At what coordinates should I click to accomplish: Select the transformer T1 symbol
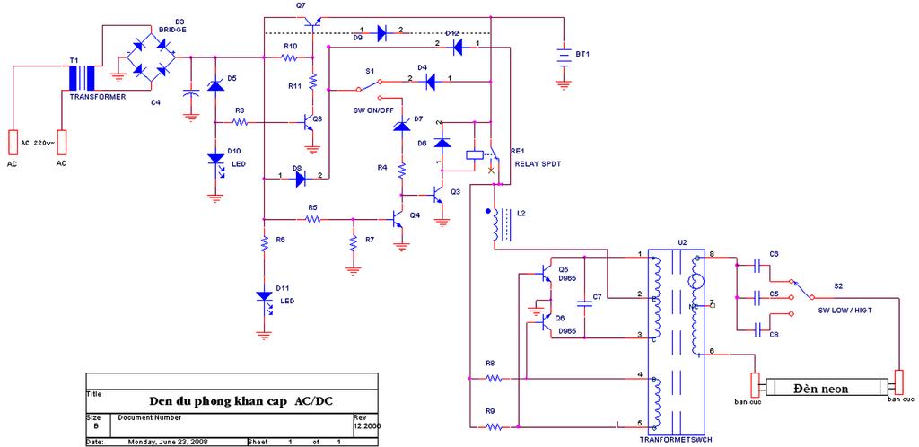pos(83,77)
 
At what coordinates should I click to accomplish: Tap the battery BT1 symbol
pos(563,57)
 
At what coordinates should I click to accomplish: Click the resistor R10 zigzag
pos(289,57)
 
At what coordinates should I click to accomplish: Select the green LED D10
pos(216,160)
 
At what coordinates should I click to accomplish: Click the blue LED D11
pos(264,296)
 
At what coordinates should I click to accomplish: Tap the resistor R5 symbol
pos(312,218)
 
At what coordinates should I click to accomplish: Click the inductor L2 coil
pos(496,225)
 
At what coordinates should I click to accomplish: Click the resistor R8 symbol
pos(491,380)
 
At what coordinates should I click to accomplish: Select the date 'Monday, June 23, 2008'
pos(169,442)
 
